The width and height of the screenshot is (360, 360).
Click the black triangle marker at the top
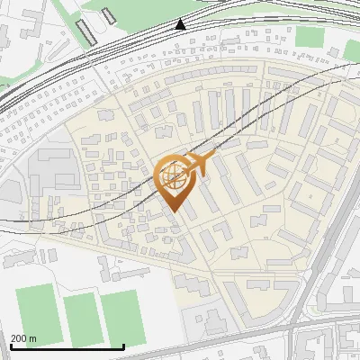181,24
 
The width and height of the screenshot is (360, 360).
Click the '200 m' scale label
24,338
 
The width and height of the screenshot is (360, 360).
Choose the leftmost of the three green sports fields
35,311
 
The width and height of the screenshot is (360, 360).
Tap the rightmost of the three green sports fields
122,317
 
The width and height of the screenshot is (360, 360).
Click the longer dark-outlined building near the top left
86,33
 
